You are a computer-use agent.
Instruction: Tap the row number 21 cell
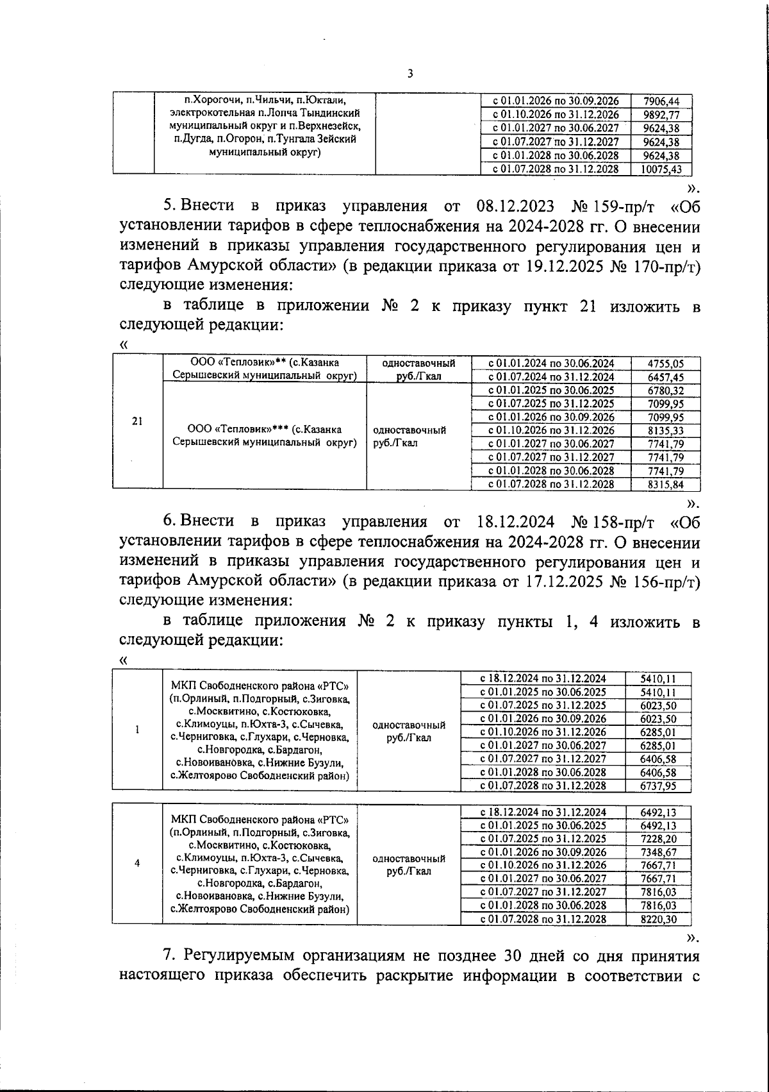[x=137, y=421]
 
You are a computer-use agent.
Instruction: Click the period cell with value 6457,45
[x=551, y=377]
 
